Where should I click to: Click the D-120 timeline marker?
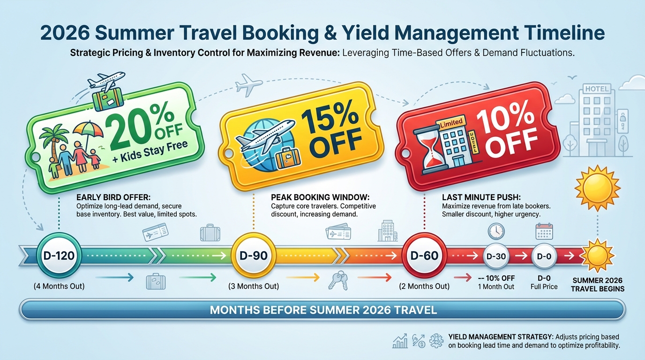[x=59, y=256]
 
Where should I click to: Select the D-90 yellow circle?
[x=253, y=256]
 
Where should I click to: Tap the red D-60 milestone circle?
[x=424, y=256]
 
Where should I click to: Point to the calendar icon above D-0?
[x=544, y=232]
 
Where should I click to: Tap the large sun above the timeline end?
[x=597, y=187]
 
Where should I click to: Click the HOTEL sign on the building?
[x=597, y=89]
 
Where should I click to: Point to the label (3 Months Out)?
[x=253, y=286]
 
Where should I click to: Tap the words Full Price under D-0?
[x=544, y=286]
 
